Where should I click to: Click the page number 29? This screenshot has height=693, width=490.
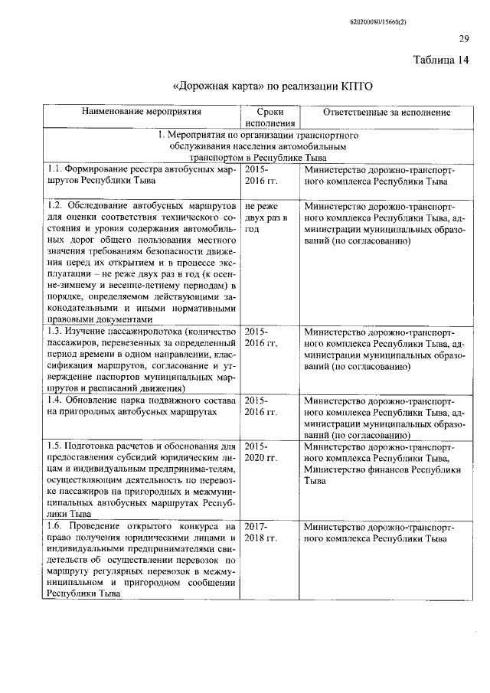(x=463, y=40)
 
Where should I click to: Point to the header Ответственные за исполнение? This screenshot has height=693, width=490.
(x=386, y=112)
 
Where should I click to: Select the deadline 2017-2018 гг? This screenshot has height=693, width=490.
(x=260, y=533)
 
